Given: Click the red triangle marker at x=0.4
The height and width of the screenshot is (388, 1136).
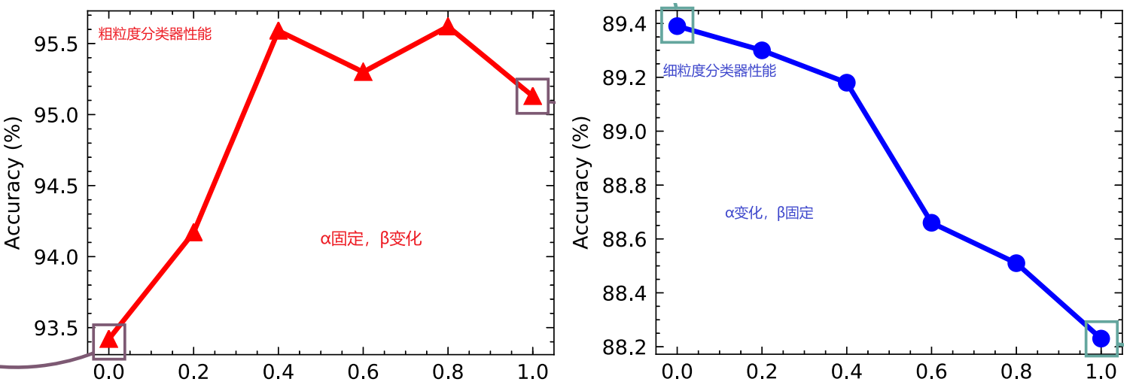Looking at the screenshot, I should point(279,32).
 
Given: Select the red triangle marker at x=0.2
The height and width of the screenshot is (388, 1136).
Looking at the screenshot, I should point(193,233).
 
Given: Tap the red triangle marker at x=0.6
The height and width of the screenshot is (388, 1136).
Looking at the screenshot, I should point(364,73).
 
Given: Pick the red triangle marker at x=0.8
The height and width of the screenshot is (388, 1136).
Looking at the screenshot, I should point(448,28).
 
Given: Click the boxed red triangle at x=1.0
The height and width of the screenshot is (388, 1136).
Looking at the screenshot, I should point(532,96).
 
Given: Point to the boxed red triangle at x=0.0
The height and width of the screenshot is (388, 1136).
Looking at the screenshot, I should point(108,340).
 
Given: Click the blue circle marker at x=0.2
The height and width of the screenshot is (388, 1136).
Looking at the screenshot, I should point(762,50).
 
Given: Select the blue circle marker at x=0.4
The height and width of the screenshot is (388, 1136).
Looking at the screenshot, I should point(847,83).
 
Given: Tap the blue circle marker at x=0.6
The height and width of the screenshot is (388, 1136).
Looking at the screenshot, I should point(931,223).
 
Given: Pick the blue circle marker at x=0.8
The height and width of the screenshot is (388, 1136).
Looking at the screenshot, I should point(1016,263).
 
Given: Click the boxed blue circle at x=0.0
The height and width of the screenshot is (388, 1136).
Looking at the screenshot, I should point(677,26).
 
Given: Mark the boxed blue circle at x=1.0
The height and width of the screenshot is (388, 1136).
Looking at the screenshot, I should point(1101,338).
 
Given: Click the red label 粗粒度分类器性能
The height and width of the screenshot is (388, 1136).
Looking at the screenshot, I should point(155,34).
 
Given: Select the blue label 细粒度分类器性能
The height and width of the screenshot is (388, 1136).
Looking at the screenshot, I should point(719,72).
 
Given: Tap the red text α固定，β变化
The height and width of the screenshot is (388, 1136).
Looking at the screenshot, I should point(371,240).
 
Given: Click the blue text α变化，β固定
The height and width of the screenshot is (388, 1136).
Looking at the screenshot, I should point(769,214).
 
